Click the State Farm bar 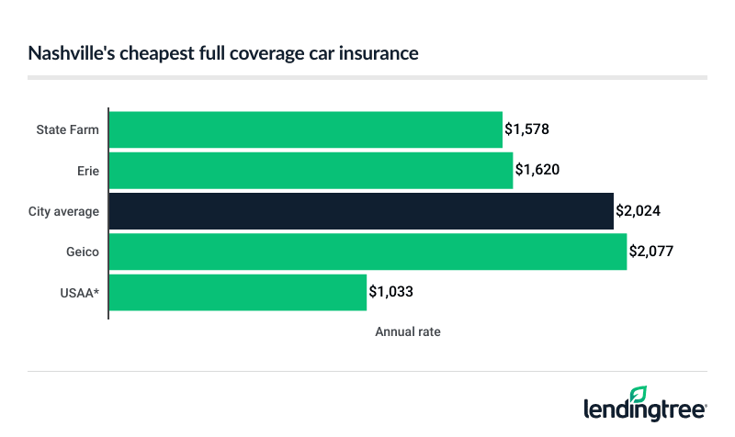pos(306,129)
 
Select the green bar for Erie pos(311,170)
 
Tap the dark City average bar pos(361,210)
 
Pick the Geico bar pos(367,252)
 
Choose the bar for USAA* pos(238,292)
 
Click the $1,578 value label pos(527,129)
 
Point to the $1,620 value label pos(537,170)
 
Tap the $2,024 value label pos(639,210)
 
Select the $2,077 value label pos(651,252)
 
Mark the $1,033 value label pos(391,292)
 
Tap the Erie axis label pos(88,170)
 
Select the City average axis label pos(63,211)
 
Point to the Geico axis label pos(83,252)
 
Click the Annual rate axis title pos(407,332)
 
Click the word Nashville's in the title pos(66,54)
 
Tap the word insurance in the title pos(383,54)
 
